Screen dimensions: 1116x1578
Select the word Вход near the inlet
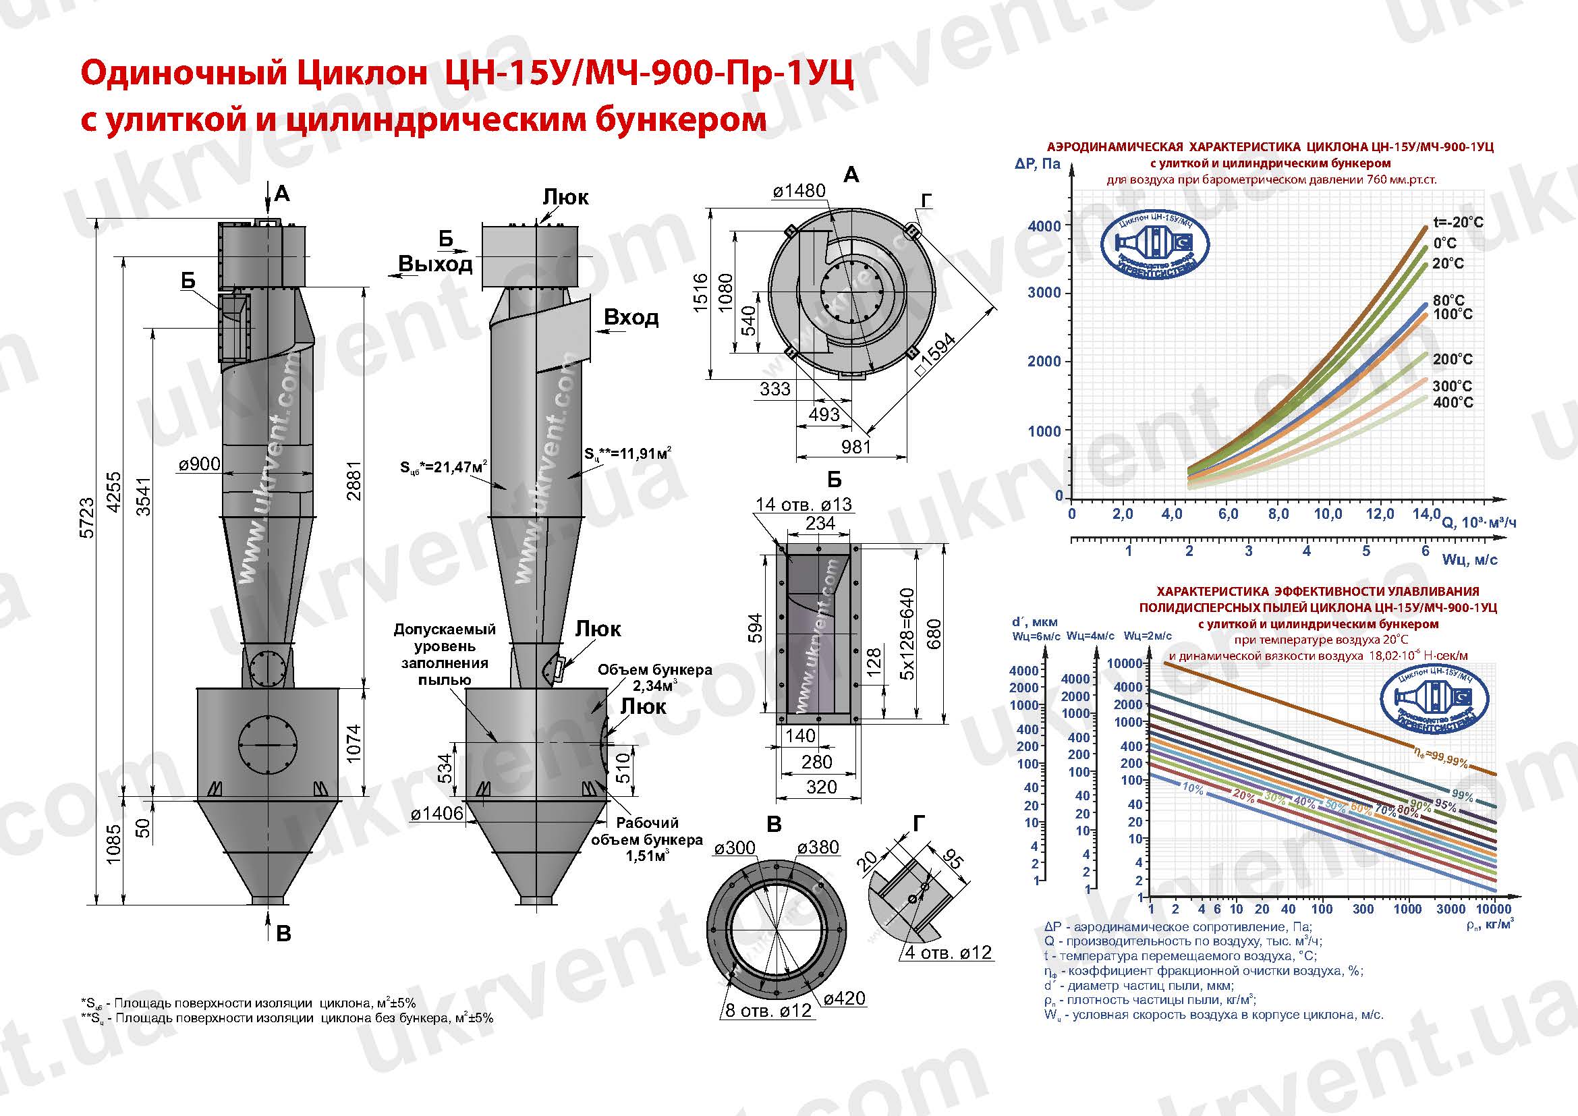click(x=630, y=318)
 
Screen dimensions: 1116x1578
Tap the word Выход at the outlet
click(x=435, y=264)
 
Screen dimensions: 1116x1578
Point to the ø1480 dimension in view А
click(x=799, y=190)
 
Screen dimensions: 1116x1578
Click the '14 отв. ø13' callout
click(x=803, y=504)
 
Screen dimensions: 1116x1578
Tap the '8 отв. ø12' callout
click(x=768, y=1010)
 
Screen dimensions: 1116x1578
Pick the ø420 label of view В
click(x=844, y=999)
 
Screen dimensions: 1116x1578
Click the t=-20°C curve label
click(x=1458, y=223)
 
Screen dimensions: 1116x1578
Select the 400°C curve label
click(x=1453, y=402)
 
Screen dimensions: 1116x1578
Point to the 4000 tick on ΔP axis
click(x=1044, y=226)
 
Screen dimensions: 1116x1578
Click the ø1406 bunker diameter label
click(x=437, y=814)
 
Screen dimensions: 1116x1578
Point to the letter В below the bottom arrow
click(x=283, y=934)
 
